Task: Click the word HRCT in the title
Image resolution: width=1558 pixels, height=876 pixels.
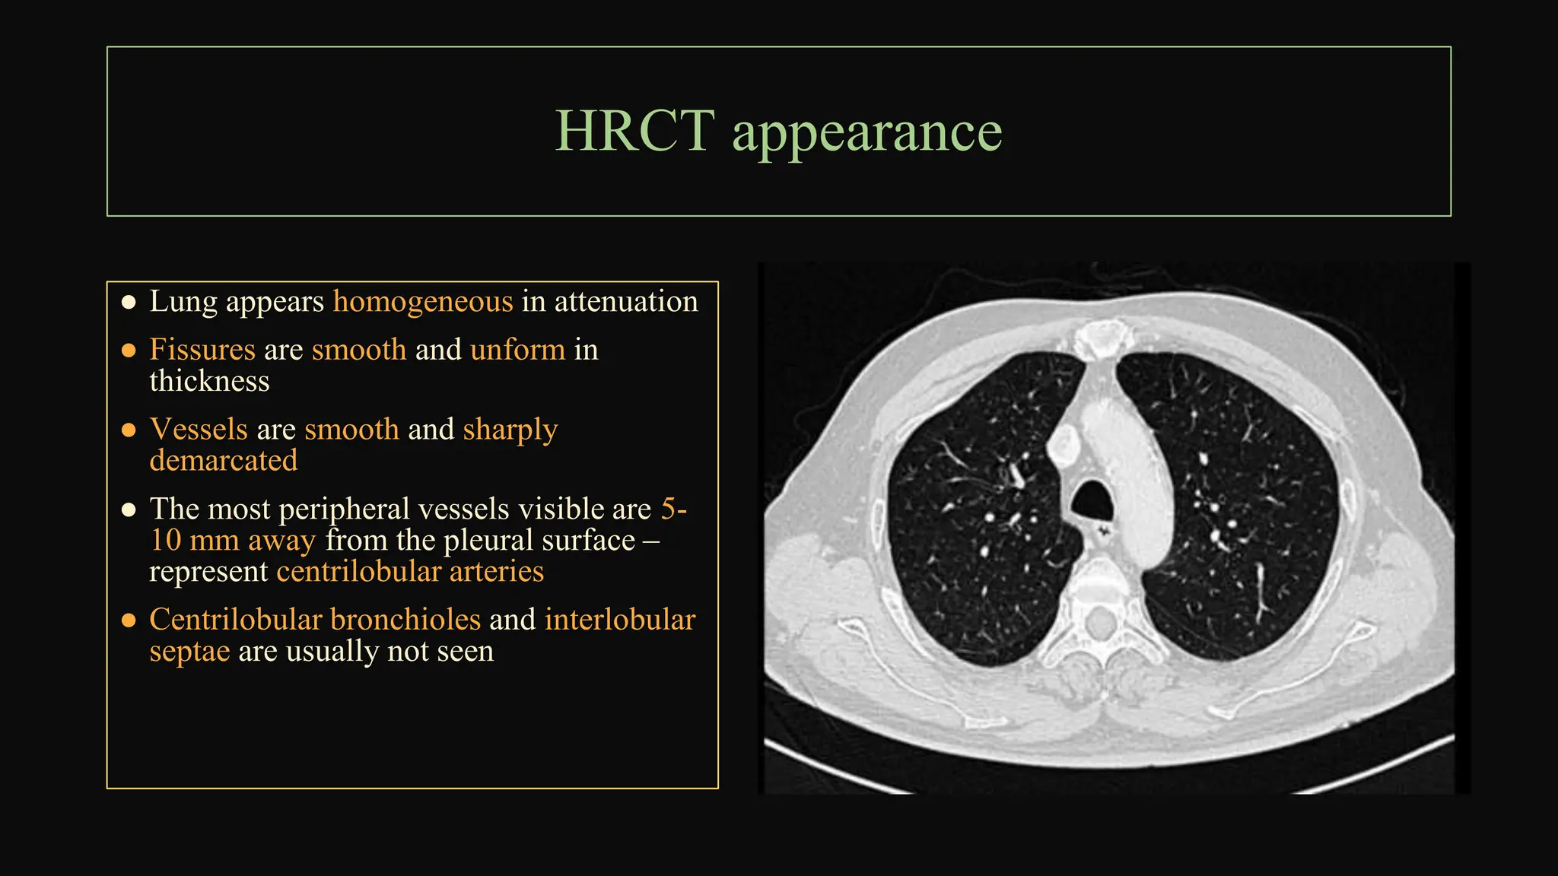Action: (634, 131)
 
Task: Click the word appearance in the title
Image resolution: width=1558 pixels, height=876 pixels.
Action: (867, 133)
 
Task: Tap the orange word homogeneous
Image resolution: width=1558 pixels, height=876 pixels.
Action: (423, 302)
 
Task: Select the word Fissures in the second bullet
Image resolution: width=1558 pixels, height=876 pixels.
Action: (202, 350)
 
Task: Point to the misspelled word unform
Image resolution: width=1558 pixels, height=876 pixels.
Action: (517, 350)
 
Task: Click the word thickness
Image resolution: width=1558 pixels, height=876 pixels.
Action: (209, 381)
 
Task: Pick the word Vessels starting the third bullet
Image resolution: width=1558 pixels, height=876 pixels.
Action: (199, 430)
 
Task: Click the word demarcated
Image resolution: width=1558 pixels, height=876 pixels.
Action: (223, 461)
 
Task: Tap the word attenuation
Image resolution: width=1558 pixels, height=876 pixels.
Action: (625, 302)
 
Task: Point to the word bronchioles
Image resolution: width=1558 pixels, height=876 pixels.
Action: (405, 620)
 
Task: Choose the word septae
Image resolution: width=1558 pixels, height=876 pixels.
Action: (189, 652)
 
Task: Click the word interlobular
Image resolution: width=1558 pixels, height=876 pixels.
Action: (619, 620)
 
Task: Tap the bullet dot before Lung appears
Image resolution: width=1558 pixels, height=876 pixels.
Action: (129, 303)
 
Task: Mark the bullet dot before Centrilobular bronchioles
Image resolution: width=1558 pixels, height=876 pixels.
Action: (129, 621)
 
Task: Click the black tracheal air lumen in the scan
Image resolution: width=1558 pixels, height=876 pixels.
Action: (1093, 500)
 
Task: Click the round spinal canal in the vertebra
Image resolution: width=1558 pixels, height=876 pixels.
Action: (1099, 624)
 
